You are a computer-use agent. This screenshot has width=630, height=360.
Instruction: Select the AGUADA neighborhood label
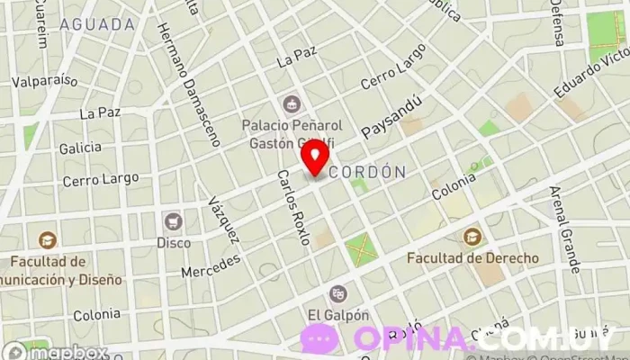click(x=90, y=24)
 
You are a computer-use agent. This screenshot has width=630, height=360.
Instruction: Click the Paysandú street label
click(x=391, y=117)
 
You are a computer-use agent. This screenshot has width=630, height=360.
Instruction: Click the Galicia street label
click(x=78, y=147)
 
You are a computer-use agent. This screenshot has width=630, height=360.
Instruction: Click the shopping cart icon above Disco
click(x=173, y=220)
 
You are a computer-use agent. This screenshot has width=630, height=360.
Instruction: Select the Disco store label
click(x=174, y=242)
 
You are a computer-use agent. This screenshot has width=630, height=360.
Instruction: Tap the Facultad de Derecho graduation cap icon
click(x=472, y=237)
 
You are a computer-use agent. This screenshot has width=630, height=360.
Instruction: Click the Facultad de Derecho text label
click(x=472, y=258)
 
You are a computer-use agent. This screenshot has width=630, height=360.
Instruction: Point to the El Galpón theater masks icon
click(x=338, y=293)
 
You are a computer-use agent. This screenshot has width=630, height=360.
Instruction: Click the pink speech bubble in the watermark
click(x=319, y=338)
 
